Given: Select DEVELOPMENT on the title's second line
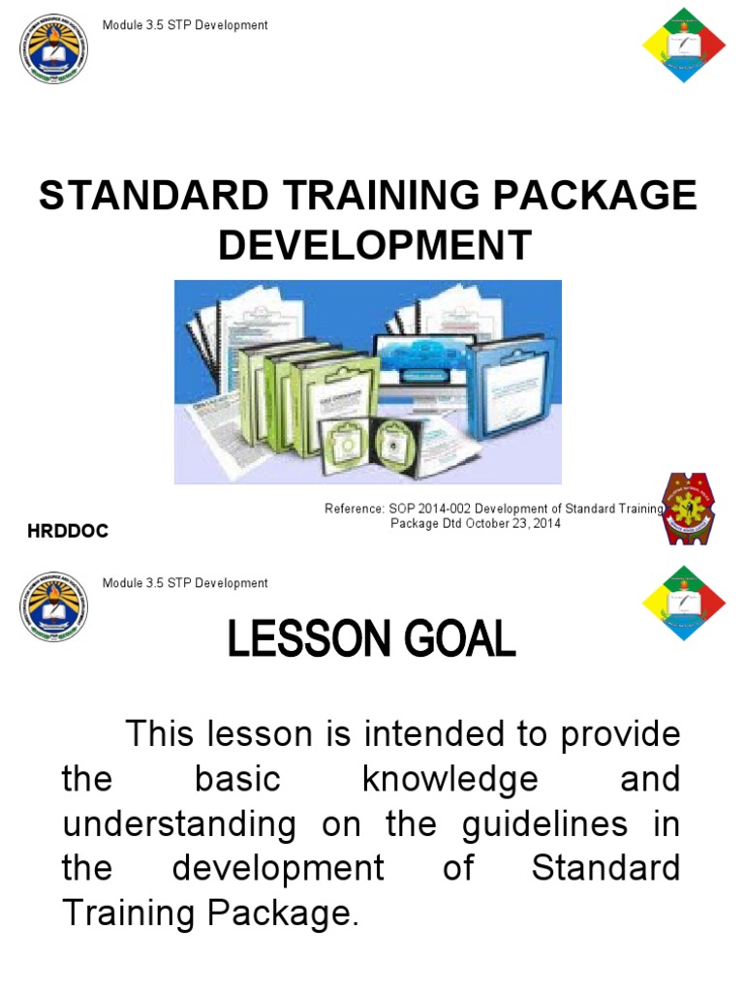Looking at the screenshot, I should click(374, 245).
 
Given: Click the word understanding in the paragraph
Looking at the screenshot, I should click(179, 824).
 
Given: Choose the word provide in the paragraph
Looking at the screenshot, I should click(620, 735).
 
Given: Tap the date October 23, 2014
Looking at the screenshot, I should click(510, 524).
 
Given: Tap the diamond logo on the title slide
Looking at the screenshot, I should click(684, 44).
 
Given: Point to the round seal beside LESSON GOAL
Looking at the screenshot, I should click(53, 606).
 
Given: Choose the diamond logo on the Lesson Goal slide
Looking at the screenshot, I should click(684, 602).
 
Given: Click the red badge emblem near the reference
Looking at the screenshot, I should click(689, 508).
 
